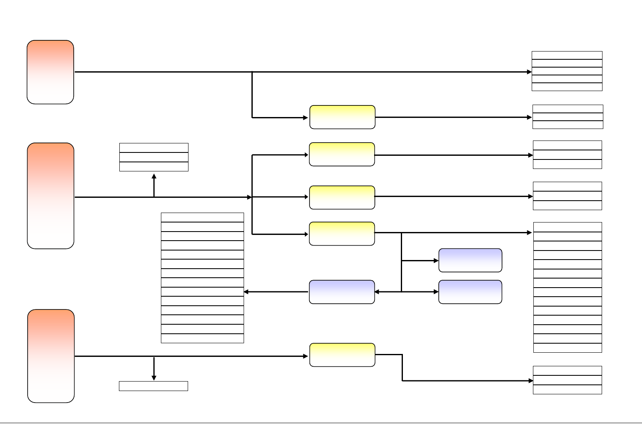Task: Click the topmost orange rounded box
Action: (x=50, y=72)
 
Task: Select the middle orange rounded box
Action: (x=51, y=196)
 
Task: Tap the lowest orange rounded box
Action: (x=51, y=356)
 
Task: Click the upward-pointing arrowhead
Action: (x=154, y=176)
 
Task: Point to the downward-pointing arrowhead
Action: (x=154, y=377)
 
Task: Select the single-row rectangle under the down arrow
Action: (x=154, y=386)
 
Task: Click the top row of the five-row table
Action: (x=567, y=55)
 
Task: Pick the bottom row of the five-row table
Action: (x=567, y=87)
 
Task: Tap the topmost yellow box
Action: (x=342, y=117)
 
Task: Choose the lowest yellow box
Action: (x=342, y=355)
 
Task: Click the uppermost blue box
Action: (x=470, y=260)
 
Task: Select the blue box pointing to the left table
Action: (x=342, y=292)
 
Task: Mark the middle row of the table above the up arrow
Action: (x=154, y=157)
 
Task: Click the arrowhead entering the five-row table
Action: (x=530, y=72)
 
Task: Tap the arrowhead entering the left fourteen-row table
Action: (x=246, y=292)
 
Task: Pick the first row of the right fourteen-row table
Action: (x=568, y=227)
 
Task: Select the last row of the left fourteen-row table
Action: (x=202, y=338)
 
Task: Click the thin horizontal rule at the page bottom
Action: (x=321, y=423)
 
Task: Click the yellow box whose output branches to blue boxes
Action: (x=342, y=234)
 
